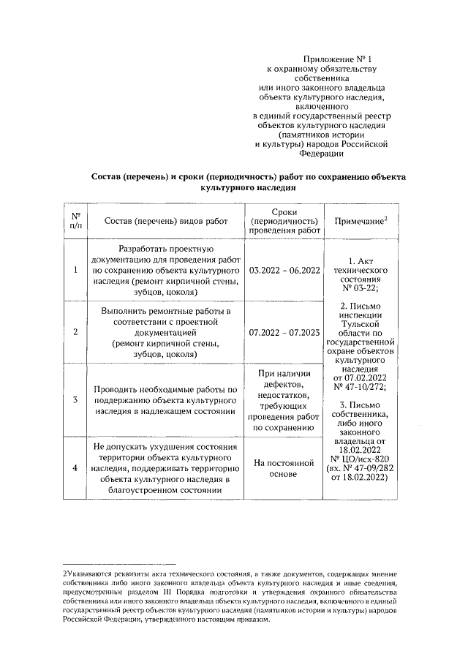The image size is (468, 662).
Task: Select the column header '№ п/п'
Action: click(x=75, y=220)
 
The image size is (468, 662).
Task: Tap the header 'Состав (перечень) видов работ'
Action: click(x=167, y=221)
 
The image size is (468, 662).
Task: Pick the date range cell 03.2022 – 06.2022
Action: click(x=285, y=271)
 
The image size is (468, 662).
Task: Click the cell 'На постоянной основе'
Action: click(x=285, y=468)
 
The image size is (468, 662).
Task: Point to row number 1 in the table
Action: click(x=75, y=271)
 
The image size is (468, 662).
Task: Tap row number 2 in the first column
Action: click(x=75, y=331)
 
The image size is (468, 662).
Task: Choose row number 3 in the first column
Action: click(x=75, y=400)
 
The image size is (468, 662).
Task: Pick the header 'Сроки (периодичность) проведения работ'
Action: click(x=285, y=221)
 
